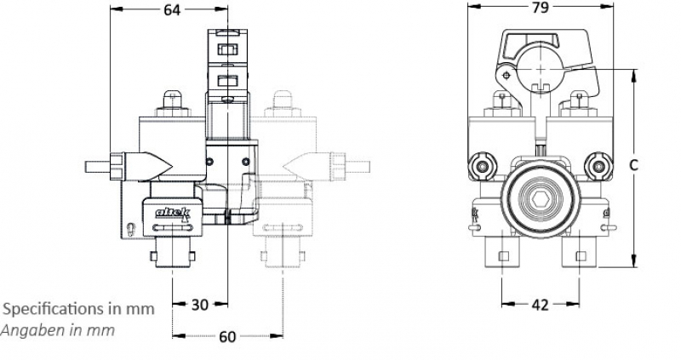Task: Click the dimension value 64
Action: pyautogui.click(x=171, y=10)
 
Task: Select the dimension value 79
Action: pyautogui.click(x=539, y=8)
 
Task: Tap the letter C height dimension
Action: pyautogui.click(x=634, y=165)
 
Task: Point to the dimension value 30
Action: pyautogui.click(x=199, y=305)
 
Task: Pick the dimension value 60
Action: pyautogui.click(x=227, y=336)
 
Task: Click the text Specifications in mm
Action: pyautogui.click(x=80, y=308)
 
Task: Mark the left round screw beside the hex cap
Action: pyautogui.click(x=484, y=166)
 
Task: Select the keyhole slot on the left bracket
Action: pyautogui.click(x=129, y=228)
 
